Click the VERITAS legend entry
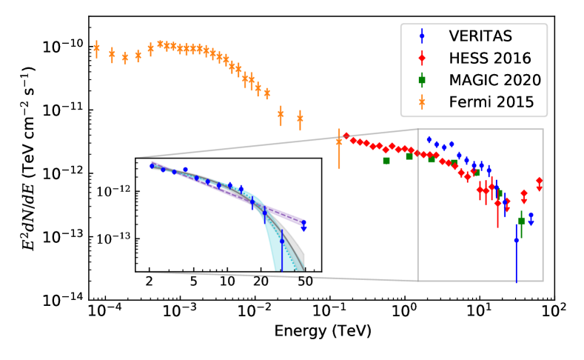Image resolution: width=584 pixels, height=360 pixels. (x=474, y=35)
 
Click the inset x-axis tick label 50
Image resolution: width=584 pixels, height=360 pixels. (x=303, y=281)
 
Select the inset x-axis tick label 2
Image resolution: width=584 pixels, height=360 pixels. (x=150, y=281)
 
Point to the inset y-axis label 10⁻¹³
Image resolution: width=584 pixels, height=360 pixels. (x=113, y=239)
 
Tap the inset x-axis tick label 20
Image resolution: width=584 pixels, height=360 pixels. (x=261, y=281)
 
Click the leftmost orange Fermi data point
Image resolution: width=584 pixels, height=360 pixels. (x=96, y=48)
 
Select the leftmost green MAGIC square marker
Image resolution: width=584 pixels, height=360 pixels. (x=386, y=161)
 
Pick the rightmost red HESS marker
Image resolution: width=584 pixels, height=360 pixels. (x=540, y=181)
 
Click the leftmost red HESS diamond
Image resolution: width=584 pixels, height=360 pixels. (x=346, y=136)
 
